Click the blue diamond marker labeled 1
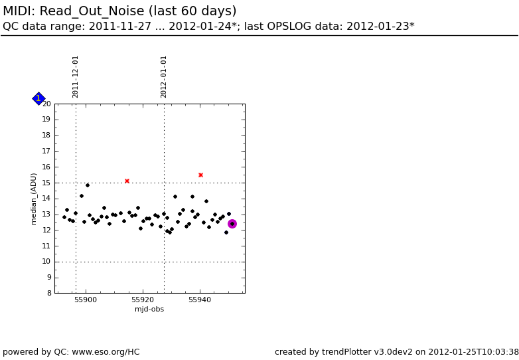(x=38, y=99)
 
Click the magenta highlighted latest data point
(x=232, y=224)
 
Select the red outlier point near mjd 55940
(x=200, y=175)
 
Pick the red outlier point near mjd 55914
(x=127, y=181)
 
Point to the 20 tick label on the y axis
(x=46, y=104)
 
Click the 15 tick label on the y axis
(x=46, y=183)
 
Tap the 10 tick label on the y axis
(x=46, y=262)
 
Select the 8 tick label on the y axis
(x=48, y=293)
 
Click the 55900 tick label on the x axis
(x=86, y=300)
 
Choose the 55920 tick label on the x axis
(x=143, y=300)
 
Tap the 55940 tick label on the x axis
(x=200, y=300)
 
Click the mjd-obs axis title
(x=149, y=310)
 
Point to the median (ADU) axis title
(x=34, y=199)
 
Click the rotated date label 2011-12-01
(x=76, y=76)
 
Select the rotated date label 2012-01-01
(x=164, y=76)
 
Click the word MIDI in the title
(x=18, y=11)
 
